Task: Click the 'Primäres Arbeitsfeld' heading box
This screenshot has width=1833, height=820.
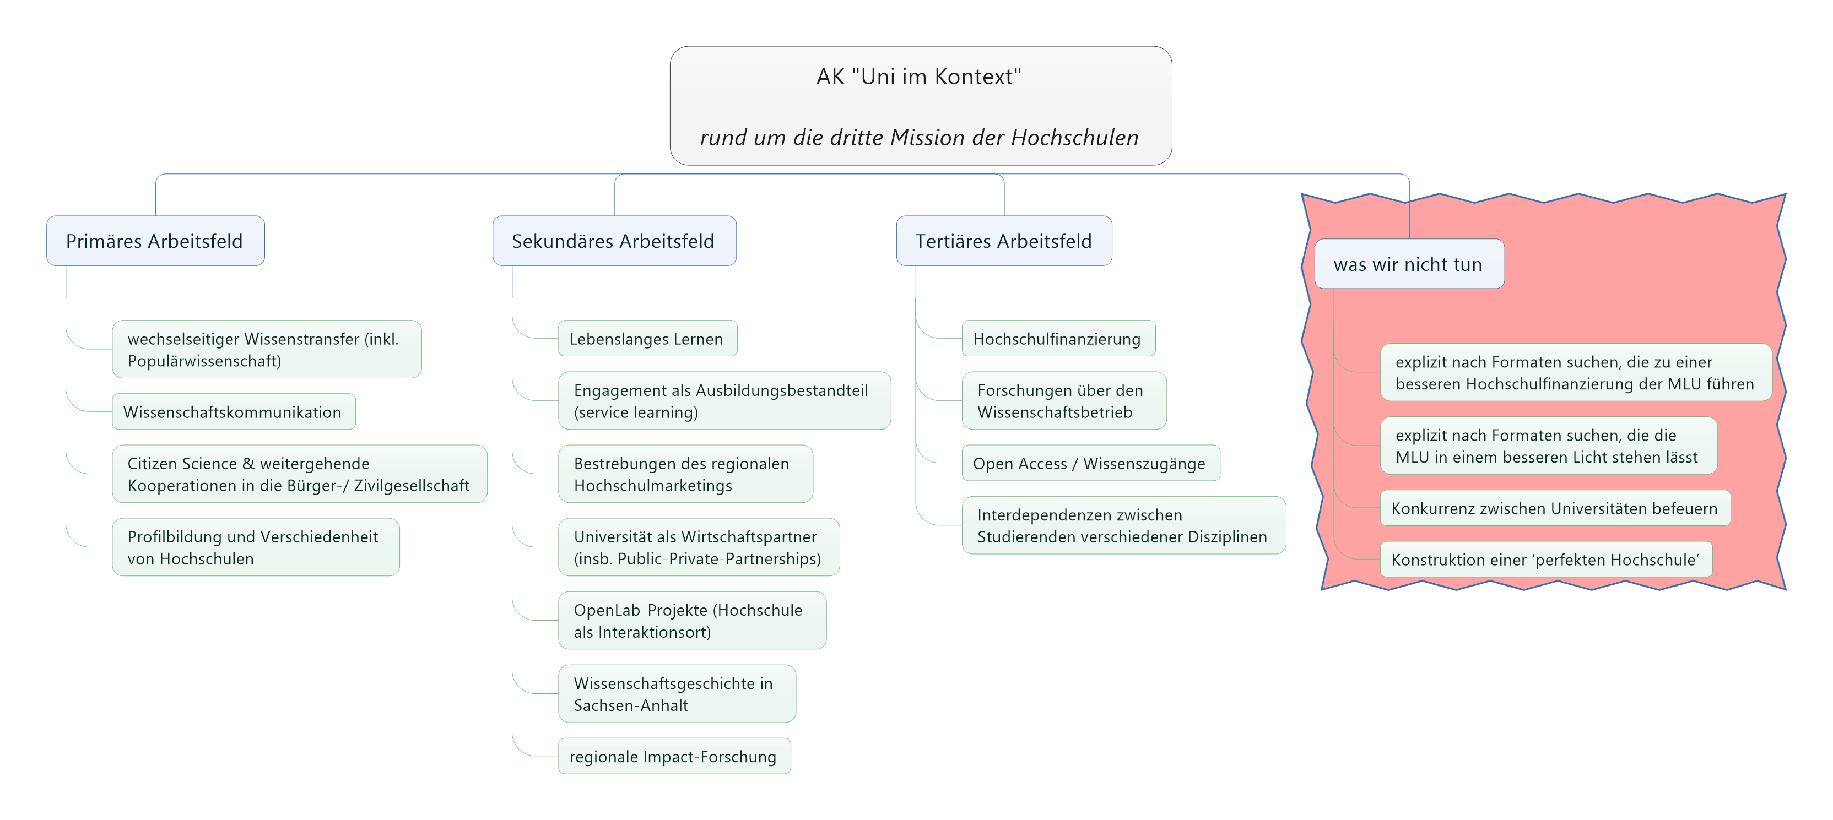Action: pos(155,241)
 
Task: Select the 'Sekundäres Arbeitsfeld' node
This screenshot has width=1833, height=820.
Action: pos(613,241)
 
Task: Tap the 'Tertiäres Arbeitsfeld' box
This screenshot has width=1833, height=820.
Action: pos(1003,241)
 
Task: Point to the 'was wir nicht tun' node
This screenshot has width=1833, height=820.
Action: pos(1408,264)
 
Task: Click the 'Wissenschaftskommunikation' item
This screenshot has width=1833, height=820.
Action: pos(232,412)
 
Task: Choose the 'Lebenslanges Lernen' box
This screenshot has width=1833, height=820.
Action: pos(647,339)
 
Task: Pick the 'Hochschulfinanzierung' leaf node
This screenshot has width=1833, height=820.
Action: pos(1057,339)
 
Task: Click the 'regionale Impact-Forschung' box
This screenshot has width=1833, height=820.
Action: pos(673,756)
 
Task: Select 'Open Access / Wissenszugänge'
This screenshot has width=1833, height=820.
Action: pos(1089,463)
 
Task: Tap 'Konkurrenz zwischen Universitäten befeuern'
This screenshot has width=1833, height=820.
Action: pos(1554,508)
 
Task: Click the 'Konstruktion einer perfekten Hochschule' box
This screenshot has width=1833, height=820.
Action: pos(1545,559)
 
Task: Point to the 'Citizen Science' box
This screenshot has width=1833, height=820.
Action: pos(299,474)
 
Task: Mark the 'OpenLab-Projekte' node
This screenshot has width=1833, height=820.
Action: pos(691,620)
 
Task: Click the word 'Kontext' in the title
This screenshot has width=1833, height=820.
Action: pos(978,76)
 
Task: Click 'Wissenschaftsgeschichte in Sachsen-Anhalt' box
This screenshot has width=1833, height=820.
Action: pos(676,693)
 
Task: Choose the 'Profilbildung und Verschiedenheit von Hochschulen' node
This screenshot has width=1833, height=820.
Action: pos(255,547)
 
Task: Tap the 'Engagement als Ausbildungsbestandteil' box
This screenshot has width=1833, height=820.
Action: pos(723,400)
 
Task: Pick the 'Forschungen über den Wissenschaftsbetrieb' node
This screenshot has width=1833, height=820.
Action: pos(1063,400)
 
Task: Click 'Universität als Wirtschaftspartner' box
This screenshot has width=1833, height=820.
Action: pos(698,547)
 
